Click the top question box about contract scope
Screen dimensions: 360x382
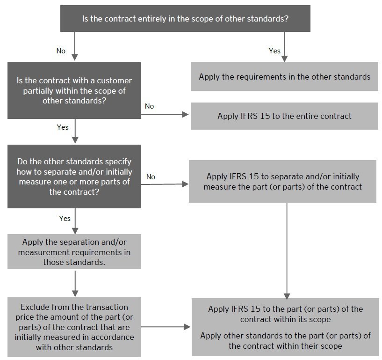[185, 19]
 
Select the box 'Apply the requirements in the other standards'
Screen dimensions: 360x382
[284, 77]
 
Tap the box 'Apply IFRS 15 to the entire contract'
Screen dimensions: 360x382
[284, 116]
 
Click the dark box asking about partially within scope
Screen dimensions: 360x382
[74, 90]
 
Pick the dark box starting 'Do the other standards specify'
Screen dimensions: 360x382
[74, 176]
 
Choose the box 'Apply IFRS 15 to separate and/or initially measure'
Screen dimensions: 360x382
[282, 182]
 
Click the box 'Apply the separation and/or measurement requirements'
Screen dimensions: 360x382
[74, 252]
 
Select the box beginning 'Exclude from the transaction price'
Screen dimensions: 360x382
[74, 327]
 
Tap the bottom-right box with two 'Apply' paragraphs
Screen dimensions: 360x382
[285, 327]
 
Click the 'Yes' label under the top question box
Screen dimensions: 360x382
[274, 51]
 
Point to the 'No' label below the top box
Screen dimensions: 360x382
[61, 51]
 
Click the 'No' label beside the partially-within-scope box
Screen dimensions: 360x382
[149, 106]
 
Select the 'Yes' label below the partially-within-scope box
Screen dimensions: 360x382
[62, 127]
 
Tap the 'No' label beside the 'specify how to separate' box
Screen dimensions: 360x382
[151, 177]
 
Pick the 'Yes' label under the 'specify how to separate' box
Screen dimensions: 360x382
[65, 218]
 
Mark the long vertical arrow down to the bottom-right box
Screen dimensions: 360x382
[287, 250]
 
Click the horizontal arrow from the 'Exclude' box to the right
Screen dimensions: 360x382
[166, 327]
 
